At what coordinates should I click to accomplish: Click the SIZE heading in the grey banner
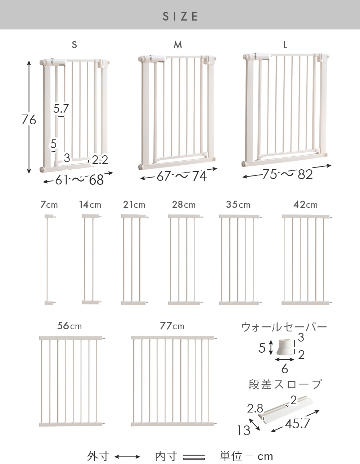(x=180, y=17)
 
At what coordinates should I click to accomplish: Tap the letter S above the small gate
(x=74, y=45)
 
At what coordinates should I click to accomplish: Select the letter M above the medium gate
(x=178, y=45)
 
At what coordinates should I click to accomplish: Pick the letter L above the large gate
(x=285, y=45)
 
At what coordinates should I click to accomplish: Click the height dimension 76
(x=29, y=120)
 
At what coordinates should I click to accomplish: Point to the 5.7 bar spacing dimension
(x=61, y=108)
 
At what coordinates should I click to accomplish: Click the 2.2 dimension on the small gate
(x=100, y=160)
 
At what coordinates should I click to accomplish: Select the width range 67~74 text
(x=182, y=176)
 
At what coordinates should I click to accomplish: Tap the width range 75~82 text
(x=288, y=174)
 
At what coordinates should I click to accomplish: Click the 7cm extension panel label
(x=49, y=205)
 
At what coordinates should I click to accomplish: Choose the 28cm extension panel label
(x=184, y=205)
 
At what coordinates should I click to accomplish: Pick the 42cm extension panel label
(x=305, y=205)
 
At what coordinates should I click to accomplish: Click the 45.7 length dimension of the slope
(x=297, y=424)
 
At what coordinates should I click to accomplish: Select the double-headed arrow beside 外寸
(x=127, y=457)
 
